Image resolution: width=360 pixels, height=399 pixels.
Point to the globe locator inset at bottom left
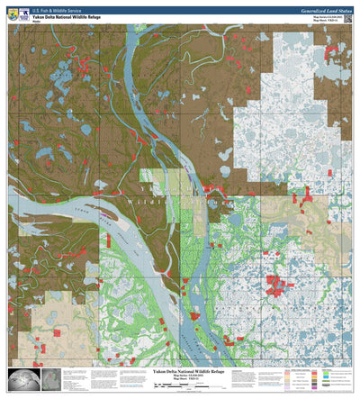20,379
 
